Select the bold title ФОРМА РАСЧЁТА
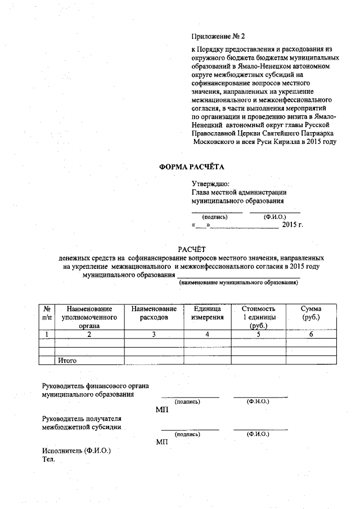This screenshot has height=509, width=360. coord(192,167)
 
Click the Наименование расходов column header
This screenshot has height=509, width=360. coord(154,313)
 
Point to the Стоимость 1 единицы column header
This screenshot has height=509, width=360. coord(258,317)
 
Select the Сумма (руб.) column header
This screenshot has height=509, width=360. coord(310,313)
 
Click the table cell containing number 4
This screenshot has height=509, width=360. coord(207,335)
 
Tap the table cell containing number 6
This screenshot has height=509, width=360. coord(310,335)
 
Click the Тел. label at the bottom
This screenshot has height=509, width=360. coord(48,460)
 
